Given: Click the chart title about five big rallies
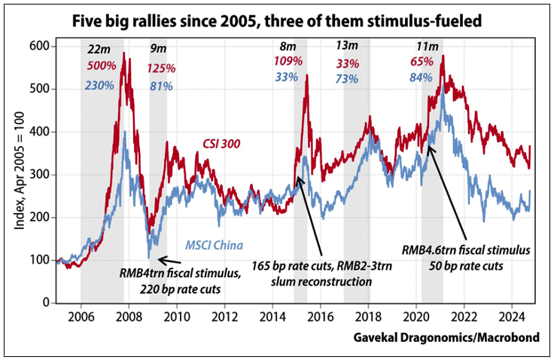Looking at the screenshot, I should click(x=276, y=18).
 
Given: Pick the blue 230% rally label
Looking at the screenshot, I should click(x=99, y=85).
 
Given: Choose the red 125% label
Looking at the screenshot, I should click(x=160, y=69).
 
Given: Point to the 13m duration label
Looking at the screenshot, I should click(x=347, y=47).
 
